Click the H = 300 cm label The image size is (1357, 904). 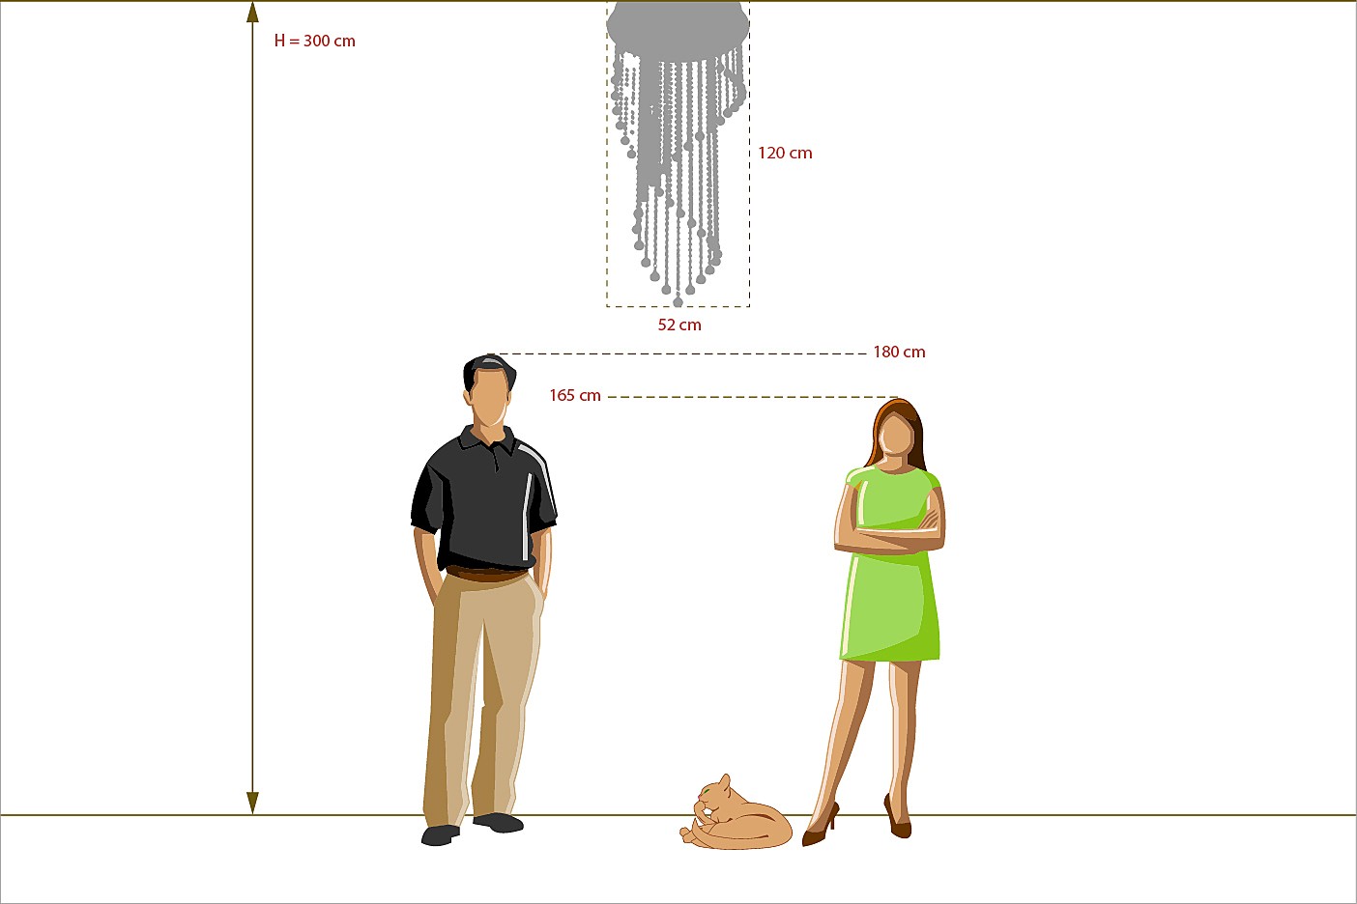tap(314, 41)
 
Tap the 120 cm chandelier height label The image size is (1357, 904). tap(785, 153)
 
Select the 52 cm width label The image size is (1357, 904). tap(679, 325)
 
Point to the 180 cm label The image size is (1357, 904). tap(899, 352)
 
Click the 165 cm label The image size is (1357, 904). tap(575, 395)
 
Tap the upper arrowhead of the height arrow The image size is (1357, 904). tap(252, 13)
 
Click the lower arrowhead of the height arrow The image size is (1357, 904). tap(252, 803)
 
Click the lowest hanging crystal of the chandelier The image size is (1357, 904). tap(678, 301)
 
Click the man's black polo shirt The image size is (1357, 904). tap(483, 498)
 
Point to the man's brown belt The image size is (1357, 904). tap(486, 574)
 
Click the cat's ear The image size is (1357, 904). tap(725, 781)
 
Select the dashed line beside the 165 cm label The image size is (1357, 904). tap(753, 397)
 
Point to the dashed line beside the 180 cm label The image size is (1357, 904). tap(678, 353)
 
